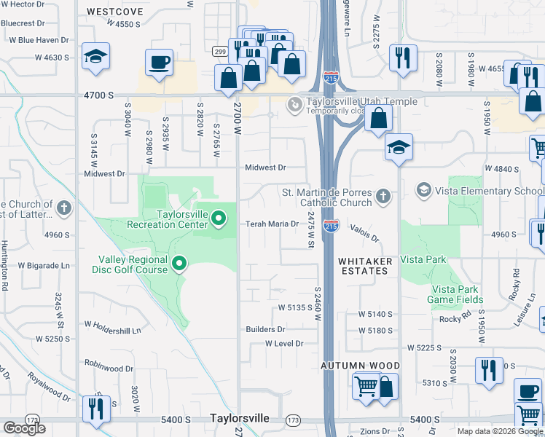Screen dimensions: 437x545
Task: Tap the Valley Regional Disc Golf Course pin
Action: (x=179, y=263)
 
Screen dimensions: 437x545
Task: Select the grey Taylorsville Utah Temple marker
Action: (x=294, y=106)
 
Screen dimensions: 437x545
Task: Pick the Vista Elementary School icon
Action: (x=423, y=191)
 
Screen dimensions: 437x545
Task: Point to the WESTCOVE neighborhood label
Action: (x=113, y=12)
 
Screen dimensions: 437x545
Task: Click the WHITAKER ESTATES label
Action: (x=365, y=266)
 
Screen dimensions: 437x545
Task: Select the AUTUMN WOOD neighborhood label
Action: (x=362, y=366)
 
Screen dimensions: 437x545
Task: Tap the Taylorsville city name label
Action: (x=239, y=419)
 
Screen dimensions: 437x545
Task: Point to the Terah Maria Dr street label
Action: (x=272, y=224)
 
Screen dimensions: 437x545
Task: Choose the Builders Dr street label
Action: (x=264, y=330)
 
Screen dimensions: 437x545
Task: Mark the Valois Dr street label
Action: (x=364, y=234)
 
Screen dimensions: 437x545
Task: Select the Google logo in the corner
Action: (x=24, y=428)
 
